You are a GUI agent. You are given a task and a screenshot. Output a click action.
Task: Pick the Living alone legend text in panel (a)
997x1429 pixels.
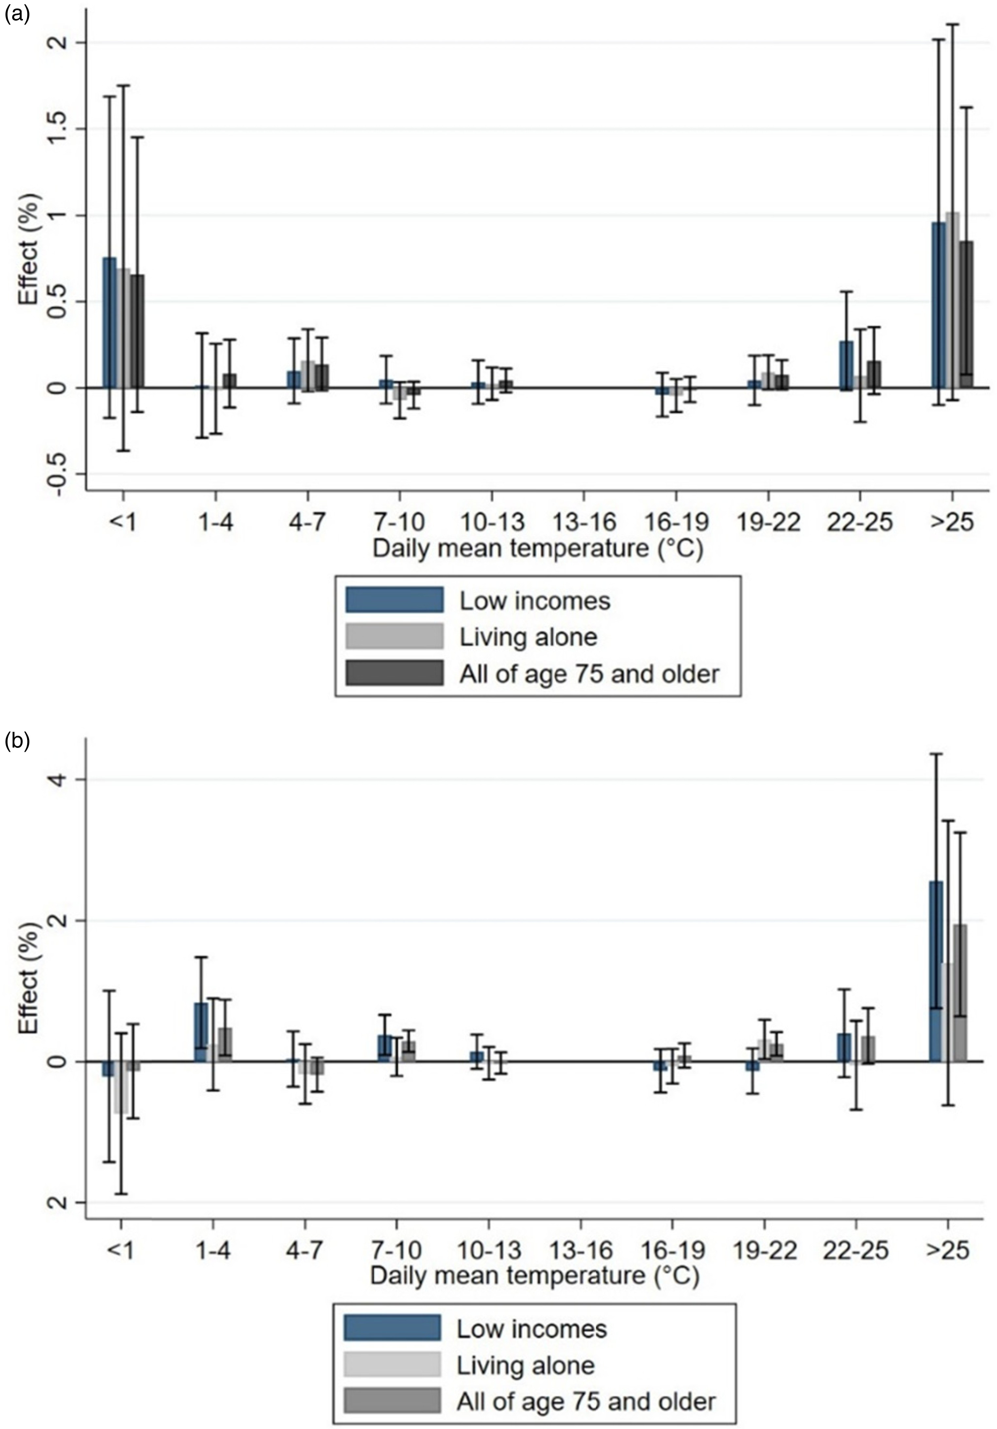click(528, 637)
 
